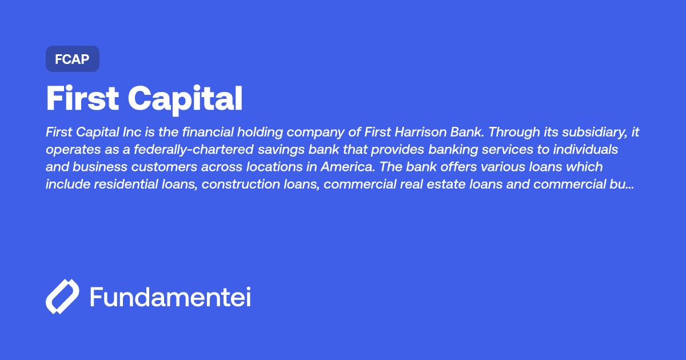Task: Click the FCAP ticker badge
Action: coord(73,59)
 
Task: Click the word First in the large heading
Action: coord(82,99)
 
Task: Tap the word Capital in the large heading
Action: coord(185,99)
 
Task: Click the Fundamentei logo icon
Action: coord(62,297)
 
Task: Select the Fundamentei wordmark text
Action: coord(170,297)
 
